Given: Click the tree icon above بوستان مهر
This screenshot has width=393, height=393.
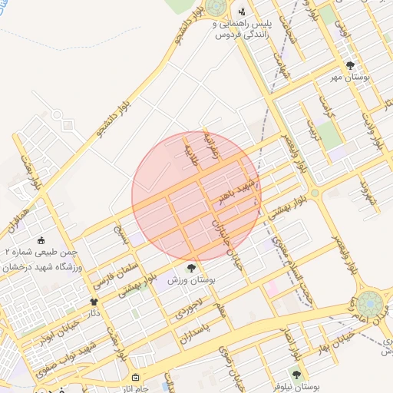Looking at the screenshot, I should [351, 65].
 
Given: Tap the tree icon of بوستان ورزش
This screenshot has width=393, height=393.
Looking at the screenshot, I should [191, 268].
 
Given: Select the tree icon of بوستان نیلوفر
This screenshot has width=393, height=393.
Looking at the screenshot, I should [297, 375].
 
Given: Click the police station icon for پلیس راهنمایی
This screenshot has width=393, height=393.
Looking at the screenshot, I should [242, 11].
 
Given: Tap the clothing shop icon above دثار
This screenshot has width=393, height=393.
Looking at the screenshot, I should [95, 302].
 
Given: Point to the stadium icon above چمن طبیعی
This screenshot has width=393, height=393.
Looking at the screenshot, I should [41, 239].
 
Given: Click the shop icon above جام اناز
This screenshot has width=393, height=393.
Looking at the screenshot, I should [136, 378].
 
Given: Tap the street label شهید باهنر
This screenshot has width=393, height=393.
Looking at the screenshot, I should [236, 188].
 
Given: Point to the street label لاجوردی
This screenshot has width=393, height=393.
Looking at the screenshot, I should [188, 309].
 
